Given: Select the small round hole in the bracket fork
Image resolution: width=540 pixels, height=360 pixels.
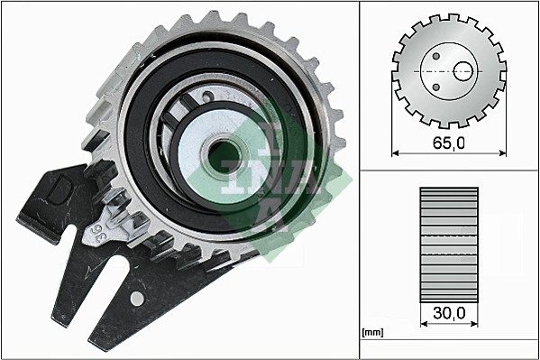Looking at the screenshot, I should (x=136, y=298).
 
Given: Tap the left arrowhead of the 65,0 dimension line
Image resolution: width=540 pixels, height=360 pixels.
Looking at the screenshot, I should (x=396, y=154).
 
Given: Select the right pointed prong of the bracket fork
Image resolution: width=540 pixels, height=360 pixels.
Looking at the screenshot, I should (x=99, y=338).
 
